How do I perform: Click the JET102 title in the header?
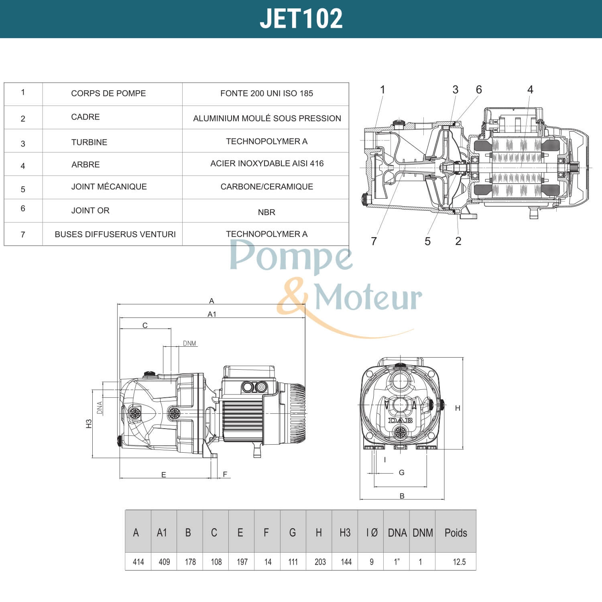(x=301, y=18)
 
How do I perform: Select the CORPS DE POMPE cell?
(x=108, y=94)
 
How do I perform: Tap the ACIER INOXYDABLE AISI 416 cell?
(x=267, y=163)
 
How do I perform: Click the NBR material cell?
(x=266, y=212)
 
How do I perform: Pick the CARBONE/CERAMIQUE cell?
(x=267, y=187)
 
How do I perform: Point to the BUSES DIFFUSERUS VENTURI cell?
(x=115, y=234)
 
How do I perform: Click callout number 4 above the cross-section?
(x=530, y=89)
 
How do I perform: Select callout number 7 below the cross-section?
(x=374, y=241)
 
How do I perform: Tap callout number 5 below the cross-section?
(x=427, y=241)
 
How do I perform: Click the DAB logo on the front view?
(x=400, y=421)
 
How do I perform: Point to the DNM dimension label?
(x=189, y=344)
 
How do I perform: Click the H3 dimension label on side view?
(x=89, y=424)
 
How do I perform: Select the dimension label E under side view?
(x=163, y=475)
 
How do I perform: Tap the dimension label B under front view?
(x=402, y=496)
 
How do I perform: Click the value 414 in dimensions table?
(x=138, y=562)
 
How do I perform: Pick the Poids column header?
(x=456, y=533)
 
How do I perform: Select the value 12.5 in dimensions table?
(x=459, y=562)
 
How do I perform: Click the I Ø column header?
(x=372, y=533)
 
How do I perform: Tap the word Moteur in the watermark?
(x=368, y=298)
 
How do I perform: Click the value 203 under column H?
(x=320, y=562)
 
